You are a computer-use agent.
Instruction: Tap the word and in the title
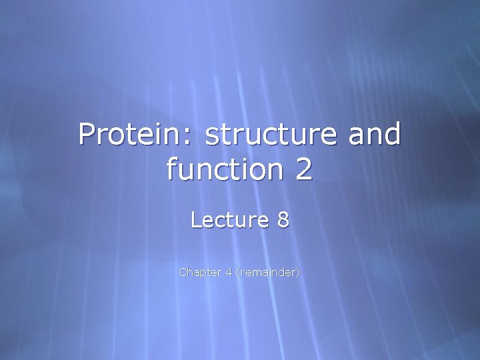coord(375,135)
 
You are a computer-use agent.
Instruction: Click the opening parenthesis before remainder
coord(237,272)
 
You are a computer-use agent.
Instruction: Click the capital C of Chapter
coord(183,272)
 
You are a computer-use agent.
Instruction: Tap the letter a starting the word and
coord(357,137)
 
